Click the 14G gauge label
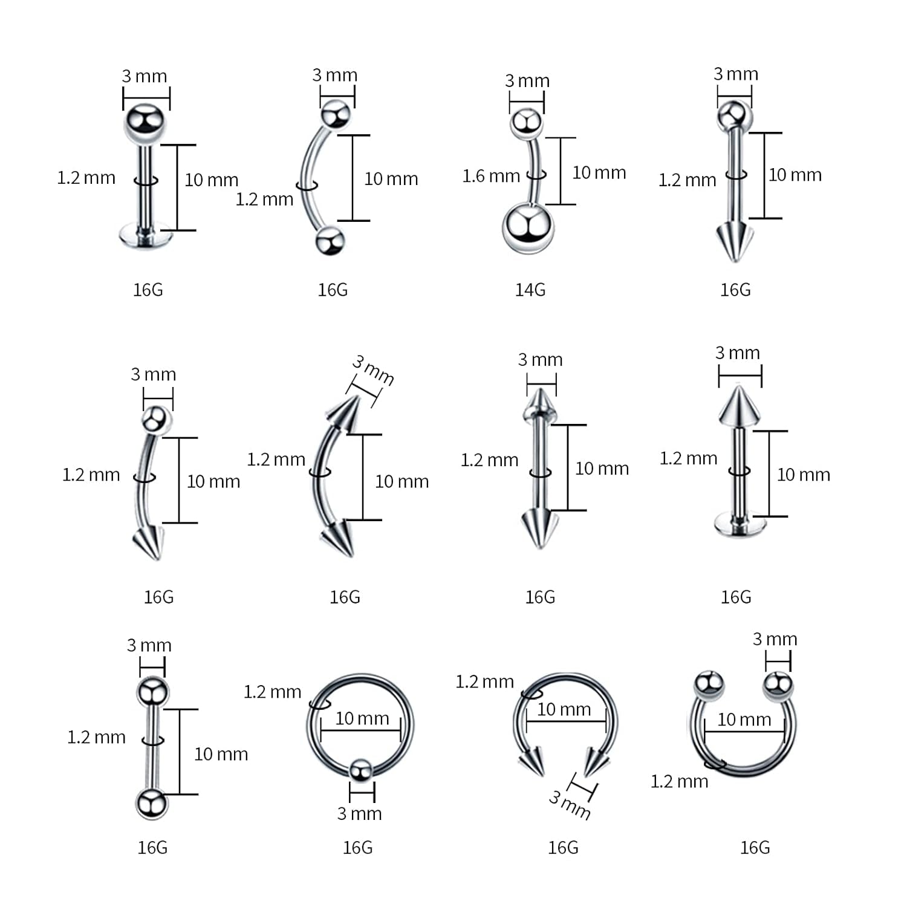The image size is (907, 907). [x=530, y=290]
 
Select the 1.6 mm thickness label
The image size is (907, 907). [x=491, y=176]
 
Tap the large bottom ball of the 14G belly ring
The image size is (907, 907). [x=527, y=229]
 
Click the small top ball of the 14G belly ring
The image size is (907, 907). [x=526, y=123]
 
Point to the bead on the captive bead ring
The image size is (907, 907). [x=360, y=770]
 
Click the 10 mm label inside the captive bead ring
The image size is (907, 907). [x=362, y=718]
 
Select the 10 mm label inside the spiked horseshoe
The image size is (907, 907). [x=564, y=709]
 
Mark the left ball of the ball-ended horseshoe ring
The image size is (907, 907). [x=709, y=684]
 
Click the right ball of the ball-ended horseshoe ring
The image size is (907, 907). [x=777, y=685]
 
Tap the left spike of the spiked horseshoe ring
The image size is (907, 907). [x=532, y=761]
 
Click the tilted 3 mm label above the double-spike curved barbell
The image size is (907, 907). [x=373, y=370]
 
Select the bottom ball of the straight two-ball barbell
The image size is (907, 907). [x=151, y=804]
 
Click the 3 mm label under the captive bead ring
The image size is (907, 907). [x=359, y=813]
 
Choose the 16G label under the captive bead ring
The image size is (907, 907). [x=357, y=847]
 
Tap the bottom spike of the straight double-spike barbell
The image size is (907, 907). [x=538, y=526]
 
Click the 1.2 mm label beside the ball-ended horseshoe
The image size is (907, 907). [x=679, y=781]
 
